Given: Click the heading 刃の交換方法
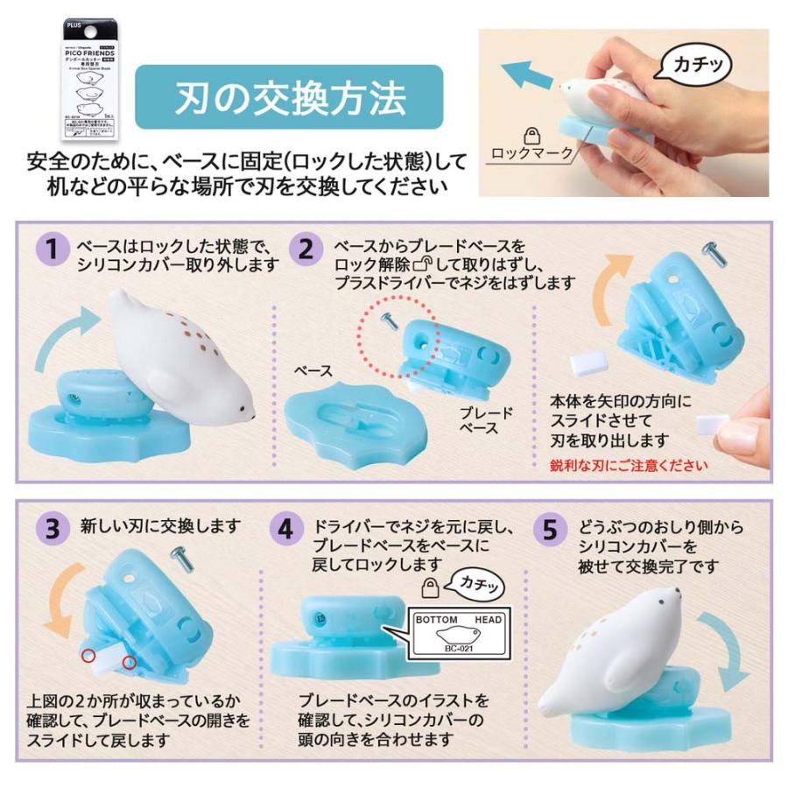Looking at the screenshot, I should point(290,98).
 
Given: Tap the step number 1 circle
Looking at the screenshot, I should point(53,250).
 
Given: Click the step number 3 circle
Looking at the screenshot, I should point(53,529).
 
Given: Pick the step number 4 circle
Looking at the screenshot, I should point(286,529).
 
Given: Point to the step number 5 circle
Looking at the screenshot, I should point(550,529).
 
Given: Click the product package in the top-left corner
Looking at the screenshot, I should point(93,81).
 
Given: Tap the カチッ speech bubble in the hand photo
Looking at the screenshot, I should point(700,65).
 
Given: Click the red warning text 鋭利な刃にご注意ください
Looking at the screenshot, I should point(629,465).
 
